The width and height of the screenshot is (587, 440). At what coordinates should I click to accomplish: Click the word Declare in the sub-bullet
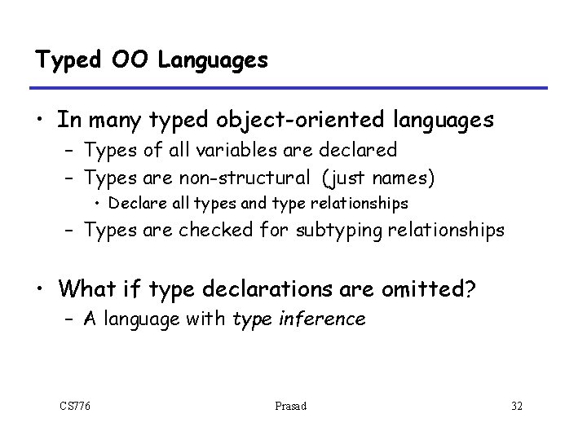134,201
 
